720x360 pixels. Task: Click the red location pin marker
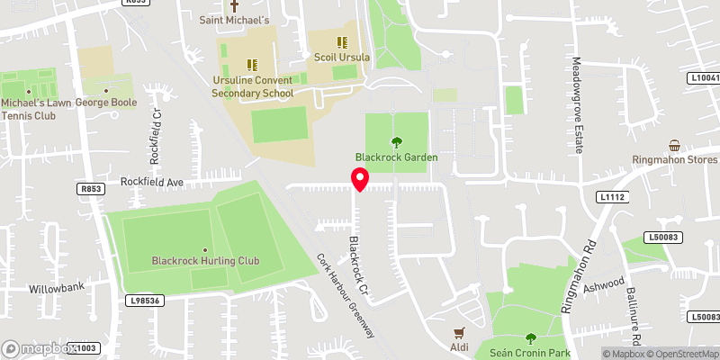[360, 180]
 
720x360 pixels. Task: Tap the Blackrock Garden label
[396, 157]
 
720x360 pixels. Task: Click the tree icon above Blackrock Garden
[396, 141]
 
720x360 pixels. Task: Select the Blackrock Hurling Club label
[205, 261]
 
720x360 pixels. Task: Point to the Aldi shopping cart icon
[460, 332]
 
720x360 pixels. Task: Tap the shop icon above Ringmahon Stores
[673, 146]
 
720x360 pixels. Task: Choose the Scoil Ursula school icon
[341, 41]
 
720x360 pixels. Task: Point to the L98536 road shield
[145, 301]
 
